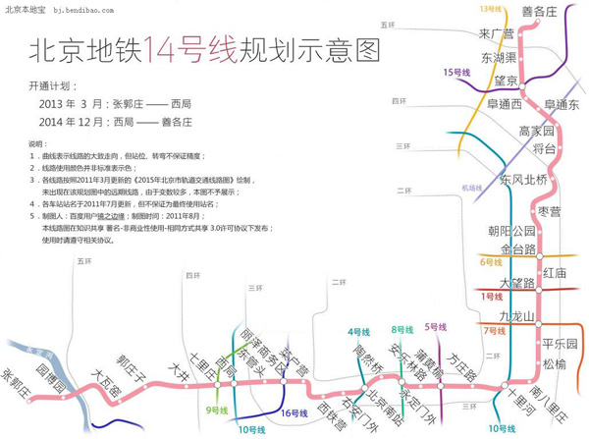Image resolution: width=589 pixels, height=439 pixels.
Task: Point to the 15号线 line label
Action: [457, 72]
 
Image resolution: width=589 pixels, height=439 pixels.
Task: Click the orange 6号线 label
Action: [491, 262]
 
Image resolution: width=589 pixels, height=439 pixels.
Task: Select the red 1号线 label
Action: [491, 296]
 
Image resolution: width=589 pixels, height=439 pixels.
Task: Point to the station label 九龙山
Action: [515, 316]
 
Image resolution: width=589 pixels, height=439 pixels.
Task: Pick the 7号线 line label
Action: [494, 331]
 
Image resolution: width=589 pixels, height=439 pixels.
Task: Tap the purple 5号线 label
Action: [435, 326]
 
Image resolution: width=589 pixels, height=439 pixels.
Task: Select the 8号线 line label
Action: [402, 329]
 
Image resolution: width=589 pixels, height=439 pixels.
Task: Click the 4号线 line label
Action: [358, 332]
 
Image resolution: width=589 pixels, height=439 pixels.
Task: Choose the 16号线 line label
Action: [295, 413]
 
